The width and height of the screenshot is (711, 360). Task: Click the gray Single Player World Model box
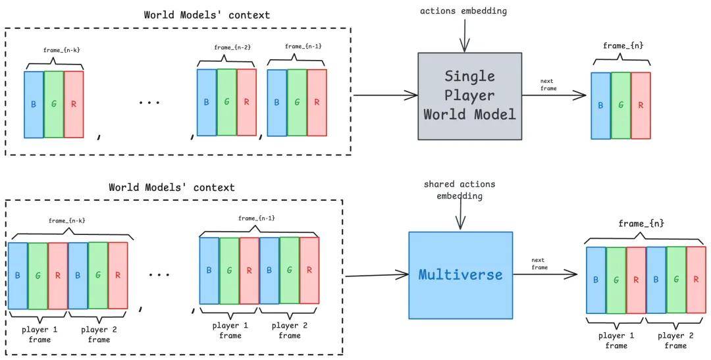coord(470,95)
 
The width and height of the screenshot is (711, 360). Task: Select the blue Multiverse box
coord(461,275)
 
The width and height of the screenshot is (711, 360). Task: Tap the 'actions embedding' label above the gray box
coord(463,11)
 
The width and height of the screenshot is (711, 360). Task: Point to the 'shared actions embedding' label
coord(460,190)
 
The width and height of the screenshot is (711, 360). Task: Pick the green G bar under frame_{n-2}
coord(226,102)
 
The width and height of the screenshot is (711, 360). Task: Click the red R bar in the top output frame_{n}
coord(641,105)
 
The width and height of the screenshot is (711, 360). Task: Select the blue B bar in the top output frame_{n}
coord(601,106)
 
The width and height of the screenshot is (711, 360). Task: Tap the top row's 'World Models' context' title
coord(207,15)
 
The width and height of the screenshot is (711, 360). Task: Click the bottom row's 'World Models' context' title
coord(172,188)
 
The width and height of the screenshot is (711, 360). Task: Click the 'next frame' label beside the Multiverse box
coord(539,264)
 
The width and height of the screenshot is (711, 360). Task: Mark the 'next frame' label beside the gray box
coord(548,85)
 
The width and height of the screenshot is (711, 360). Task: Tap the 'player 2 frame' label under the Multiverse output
coord(675,340)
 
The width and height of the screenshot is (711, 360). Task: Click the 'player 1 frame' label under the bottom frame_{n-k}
coord(40,334)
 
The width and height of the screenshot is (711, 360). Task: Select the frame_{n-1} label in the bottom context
coord(257,219)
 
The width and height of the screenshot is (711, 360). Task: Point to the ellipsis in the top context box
coord(149,103)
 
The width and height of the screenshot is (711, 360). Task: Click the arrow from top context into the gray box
coord(385,95)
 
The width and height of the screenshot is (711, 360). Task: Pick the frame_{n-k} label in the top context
coord(62,50)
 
